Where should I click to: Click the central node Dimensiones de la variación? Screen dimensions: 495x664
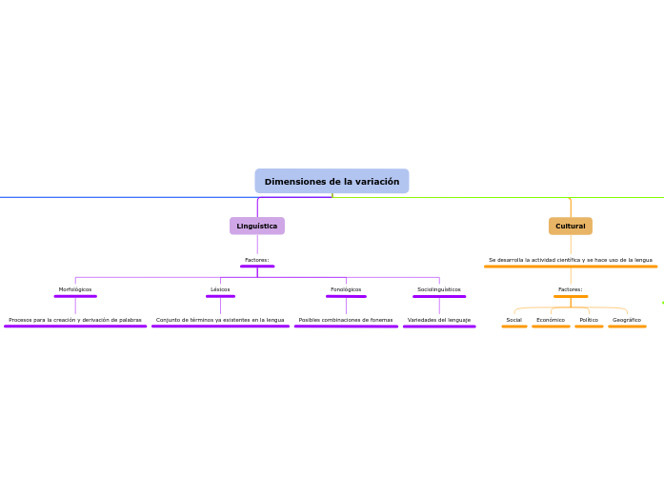pyautogui.click(x=332, y=182)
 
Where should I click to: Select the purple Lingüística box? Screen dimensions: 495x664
pyautogui.click(x=257, y=227)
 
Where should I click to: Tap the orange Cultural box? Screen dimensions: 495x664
pyautogui.click(x=571, y=227)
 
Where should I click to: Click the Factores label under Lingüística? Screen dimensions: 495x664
pyautogui.click(x=257, y=260)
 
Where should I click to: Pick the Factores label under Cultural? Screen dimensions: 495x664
pyautogui.click(x=571, y=289)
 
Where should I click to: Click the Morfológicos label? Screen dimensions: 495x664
pyautogui.click(x=75, y=289)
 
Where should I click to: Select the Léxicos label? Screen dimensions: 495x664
pyautogui.click(x=220, y=289)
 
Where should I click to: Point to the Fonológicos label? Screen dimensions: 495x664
pyautogui.click(x=346, y=289)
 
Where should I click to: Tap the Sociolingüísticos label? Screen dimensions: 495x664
pyautogui.click(x=439, y=289)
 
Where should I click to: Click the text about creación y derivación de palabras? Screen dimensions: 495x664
pyautogui.click(x=75, y=320)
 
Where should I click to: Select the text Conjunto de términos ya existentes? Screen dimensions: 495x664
pyautogui.click(x=220, y=320)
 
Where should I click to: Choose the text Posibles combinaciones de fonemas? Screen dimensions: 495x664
pyautogui.click(x=346, y=320)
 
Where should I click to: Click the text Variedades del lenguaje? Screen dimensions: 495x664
pyautogui.click(x=439, y=320)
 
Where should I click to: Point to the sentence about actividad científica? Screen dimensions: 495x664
pyautogui.click(x=571, y=260)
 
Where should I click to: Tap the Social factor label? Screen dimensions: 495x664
pyautogui.click(x=514, y=320)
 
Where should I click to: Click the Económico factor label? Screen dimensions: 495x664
pyautogui.click(x=551, y=320)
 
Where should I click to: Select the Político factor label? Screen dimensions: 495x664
pyautogui.click(x=589, y=320)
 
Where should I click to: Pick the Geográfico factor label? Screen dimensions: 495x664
pyautogui.click(x=627, y=320)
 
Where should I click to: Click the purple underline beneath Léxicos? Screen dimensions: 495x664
pyautogui.click(x=220, y=296)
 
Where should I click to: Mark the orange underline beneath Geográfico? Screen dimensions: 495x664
pyautogui.click(x=627, y=327)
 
